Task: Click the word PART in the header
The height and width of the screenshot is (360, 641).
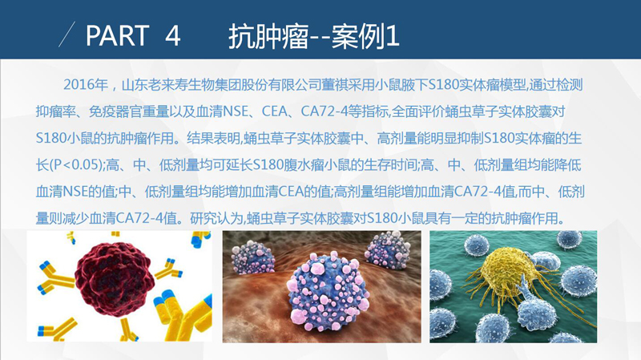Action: click(x=117, y=35)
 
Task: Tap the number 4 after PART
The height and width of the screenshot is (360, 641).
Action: click(x=172, y=35)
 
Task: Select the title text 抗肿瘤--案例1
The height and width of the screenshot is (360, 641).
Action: click(x=313, y=36)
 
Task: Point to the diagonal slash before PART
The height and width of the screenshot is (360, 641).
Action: click(x=67, y=34)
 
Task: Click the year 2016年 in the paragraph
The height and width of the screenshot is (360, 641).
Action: click(x=86, y=85)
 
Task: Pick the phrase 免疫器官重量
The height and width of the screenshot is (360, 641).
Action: click(x=129, y=111)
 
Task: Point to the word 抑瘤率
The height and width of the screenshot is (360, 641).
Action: click(x=55, y=111)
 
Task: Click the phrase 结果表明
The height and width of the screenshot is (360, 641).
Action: click(x=213, y=138)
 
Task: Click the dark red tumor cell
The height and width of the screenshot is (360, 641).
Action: click(x=115, y=279)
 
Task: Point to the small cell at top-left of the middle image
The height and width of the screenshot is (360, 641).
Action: click(x=252, y=257)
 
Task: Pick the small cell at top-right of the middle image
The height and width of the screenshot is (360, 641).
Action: click(x=387, y=249)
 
